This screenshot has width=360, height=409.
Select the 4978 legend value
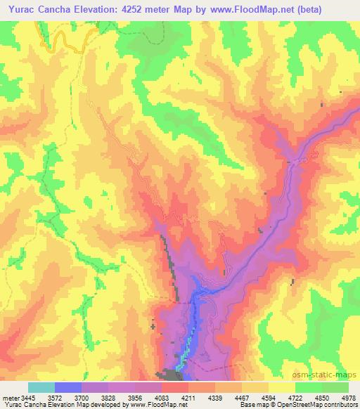(345, 397)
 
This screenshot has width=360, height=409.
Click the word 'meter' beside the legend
(9, 397)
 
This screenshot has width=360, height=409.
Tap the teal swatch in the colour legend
(41, 387)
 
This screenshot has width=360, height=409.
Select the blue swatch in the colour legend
(67, 387)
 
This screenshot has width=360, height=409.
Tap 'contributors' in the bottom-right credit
(339, 405)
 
